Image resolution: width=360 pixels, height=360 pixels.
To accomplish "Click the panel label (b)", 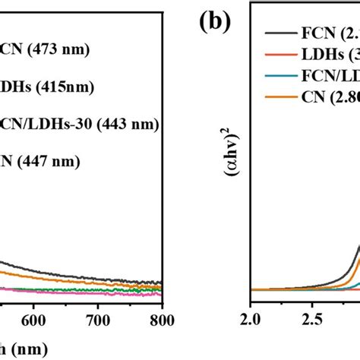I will (215, 21).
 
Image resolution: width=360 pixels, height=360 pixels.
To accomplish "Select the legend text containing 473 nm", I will (45, 51).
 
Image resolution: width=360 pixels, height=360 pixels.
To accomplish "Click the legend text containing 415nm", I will (46, 87).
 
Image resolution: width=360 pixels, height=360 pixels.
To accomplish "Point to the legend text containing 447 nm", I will (45, 160).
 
